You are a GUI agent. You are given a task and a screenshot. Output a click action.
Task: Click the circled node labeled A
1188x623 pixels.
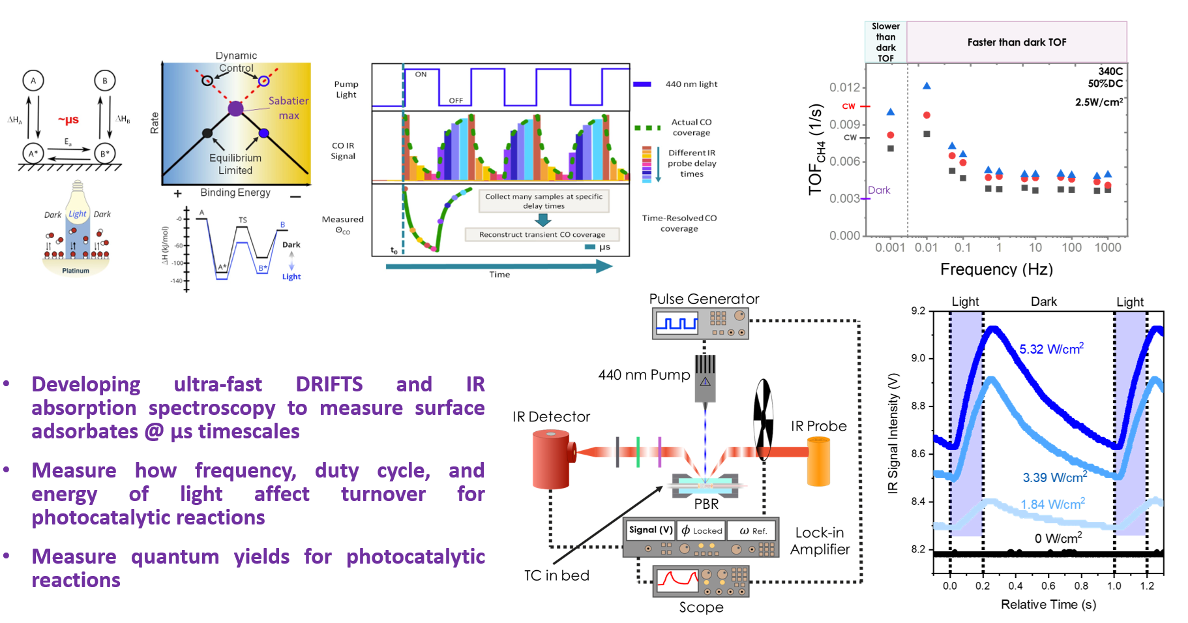click(x=33, y=80)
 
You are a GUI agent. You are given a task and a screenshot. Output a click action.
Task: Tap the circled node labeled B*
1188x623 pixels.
click(x=104, y=153)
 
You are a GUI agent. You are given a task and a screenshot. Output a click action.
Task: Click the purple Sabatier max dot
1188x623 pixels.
click(x=235, y=108)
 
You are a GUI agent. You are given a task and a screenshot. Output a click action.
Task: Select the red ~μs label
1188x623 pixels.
click(x=68, y=119)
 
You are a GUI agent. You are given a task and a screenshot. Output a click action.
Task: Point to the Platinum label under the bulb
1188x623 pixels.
click(x=76, y=270)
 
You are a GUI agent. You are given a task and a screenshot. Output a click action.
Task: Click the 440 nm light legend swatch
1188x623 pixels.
click(x=642, y=84)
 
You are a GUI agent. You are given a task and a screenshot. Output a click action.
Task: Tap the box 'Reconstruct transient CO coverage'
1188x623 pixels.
click(x=542, y=234)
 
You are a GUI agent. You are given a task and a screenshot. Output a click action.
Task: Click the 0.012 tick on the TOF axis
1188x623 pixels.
click(x=844, y=87)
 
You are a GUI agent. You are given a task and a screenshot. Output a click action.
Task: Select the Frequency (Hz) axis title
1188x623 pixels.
click(x=996, y=269)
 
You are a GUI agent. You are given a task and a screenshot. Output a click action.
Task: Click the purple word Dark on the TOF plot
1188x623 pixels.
click(x=879, y=190)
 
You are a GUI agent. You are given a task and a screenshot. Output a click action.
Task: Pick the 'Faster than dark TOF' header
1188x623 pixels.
click(x=1017, y=42)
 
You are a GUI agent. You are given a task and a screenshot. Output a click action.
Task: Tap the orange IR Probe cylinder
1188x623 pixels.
click(x=818, y=462)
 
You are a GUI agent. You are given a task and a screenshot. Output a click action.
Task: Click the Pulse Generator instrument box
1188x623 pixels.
click(x=700, y=324)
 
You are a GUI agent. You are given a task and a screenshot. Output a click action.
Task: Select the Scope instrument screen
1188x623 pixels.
click(x=677, y=580)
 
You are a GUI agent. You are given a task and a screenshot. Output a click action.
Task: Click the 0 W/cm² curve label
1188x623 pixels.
click(x=1058, y=538)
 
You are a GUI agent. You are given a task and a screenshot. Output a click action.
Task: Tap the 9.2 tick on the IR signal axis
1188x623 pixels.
click(x=918, y=311)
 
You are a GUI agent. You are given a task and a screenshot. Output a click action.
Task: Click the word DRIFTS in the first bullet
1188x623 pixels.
click(x=329, y=384)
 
